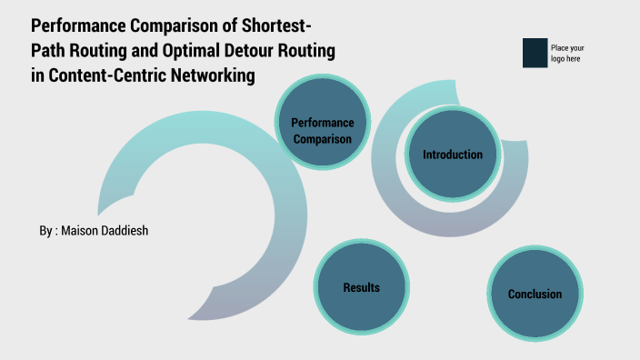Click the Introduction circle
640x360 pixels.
[x=452, y=155]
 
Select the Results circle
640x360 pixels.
[x=361, y=287]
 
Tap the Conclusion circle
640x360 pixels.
[x=534, y=294]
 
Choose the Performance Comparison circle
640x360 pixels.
[x=322, y=131]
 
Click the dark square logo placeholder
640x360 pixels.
[x=535, y=53]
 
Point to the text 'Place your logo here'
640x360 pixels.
[x=567, y=53]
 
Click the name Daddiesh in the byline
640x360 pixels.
[x=123, y=231]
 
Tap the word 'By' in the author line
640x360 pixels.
[x=45, y=231]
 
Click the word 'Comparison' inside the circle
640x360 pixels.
[x=322, y=139]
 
